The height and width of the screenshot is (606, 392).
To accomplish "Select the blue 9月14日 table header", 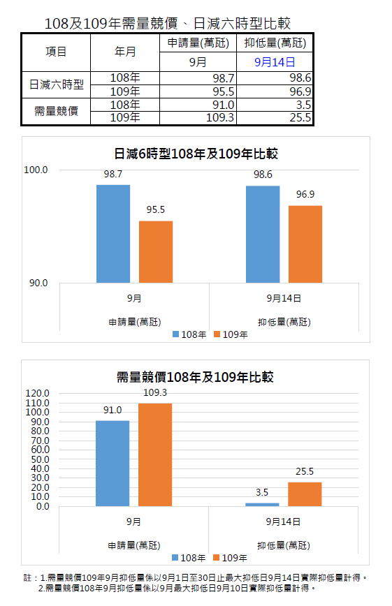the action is [275, 62].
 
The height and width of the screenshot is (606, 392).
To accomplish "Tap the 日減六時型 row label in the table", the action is [56, 84].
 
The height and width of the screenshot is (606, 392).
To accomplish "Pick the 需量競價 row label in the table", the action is [56, 111].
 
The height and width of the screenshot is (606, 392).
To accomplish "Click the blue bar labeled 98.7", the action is [113, 234].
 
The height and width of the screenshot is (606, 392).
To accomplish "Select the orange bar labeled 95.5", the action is [156, 252].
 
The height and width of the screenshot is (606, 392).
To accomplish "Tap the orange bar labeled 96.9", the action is [305, 244].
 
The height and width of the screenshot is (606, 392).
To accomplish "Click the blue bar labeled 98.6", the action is [263, 234].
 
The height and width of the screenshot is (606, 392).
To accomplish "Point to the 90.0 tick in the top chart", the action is [38, 283].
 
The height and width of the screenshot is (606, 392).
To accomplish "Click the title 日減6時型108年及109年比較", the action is [196, 154].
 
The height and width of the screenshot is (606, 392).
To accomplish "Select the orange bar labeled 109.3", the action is [155, 455].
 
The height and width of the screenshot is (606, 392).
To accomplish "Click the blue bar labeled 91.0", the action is [112, 464].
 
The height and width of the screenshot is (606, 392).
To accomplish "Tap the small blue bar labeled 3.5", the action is [262, 505].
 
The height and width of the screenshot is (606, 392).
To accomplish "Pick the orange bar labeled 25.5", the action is [305, 494].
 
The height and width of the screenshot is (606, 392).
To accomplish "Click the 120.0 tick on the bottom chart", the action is [38, 394].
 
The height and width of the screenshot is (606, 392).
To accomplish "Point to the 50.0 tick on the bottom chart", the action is [40, 459].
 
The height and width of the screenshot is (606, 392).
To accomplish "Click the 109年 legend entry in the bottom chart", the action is [231, 558].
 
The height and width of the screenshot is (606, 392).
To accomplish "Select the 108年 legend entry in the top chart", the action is [189, 334].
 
